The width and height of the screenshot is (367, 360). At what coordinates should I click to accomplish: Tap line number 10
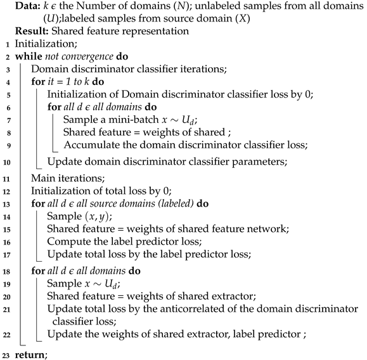[6, 161]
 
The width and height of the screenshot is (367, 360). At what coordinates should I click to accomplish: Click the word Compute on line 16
[68, 243]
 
